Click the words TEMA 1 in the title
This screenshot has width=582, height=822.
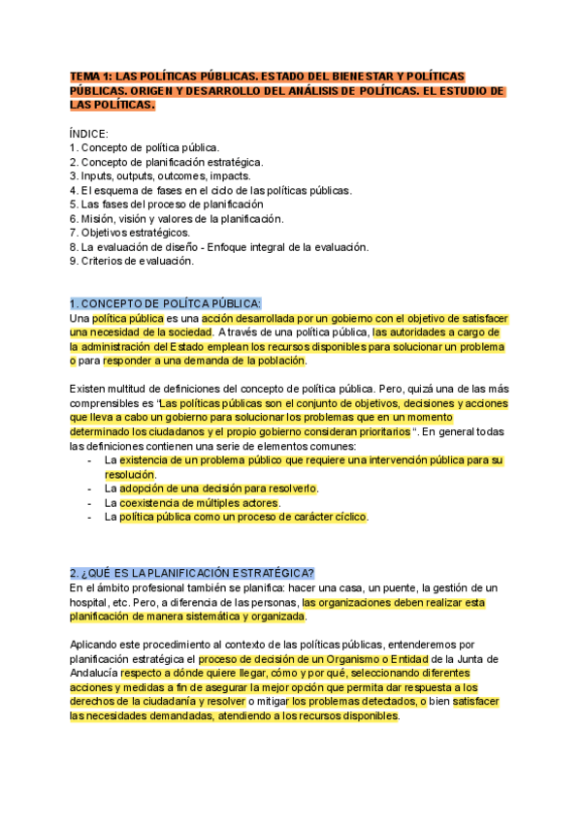[x=91, y=77]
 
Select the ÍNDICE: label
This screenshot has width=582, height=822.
[x=89, y=133]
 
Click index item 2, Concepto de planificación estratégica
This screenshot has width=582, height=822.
[x=166, y=162]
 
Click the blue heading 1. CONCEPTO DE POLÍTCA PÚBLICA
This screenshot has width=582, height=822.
[x=166, y=302]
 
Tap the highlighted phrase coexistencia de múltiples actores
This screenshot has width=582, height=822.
[x=199, y=503]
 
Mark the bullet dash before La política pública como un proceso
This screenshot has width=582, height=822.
[x=90, y=518]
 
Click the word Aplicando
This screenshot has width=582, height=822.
[x=98, y=645]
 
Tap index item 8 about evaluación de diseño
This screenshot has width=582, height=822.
[x=219, y=247]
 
